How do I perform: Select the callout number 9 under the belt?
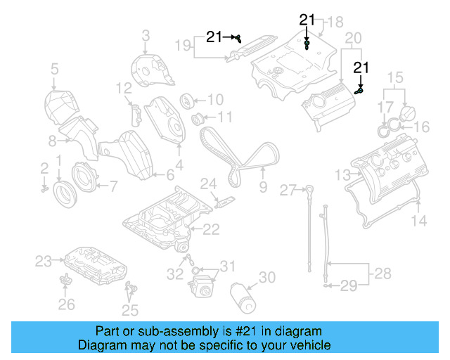pos(263,187)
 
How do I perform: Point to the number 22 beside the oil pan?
pos(211,229)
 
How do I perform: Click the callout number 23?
pos(44,262)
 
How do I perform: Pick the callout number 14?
pos(418,221)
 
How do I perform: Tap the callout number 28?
pos(382,272)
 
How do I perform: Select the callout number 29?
pos(349,285)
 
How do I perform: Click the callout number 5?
pos(54,69)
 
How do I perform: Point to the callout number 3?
pos(146,34)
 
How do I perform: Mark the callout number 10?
pos(214,99)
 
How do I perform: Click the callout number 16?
pos(421,127)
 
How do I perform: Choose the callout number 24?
pos(208,184)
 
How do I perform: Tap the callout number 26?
pos(65,304)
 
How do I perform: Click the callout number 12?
pos(124,88)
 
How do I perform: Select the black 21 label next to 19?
pos(214,37)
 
